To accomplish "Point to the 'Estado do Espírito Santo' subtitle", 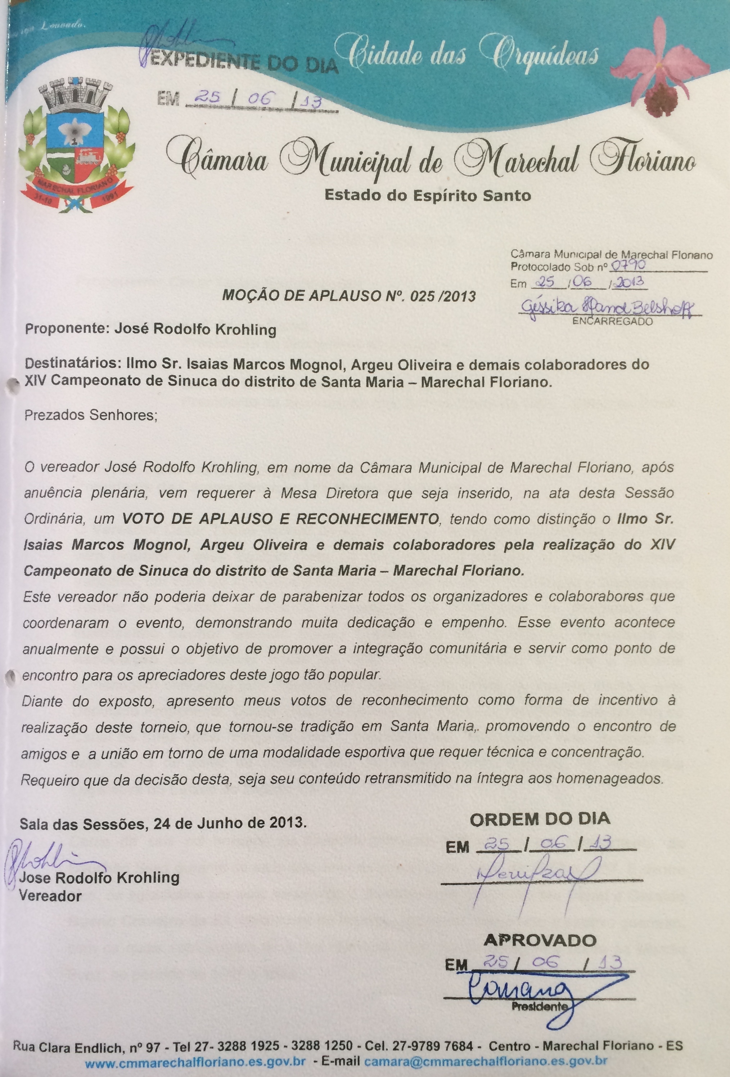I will (427, 195).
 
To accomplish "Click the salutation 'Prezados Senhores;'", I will (91, 415).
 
